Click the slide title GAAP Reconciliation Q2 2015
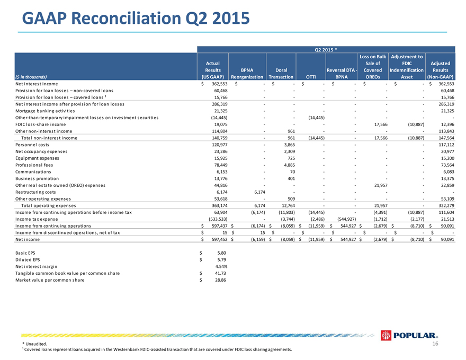tap(136, 18)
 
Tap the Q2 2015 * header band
tap(326, 50)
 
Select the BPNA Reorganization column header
tap(247, 74)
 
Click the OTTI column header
tap(311, 77)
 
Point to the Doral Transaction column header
tap(281, 74)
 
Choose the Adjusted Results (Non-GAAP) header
tap(440, 70)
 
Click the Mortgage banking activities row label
tap(45, 111)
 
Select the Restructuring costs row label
tap(35, 192)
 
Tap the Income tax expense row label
tap(37, 219)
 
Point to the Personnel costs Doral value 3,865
tap(290, 145)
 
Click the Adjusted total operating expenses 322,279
tap(446, 205)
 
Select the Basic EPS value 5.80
tap(221, 253)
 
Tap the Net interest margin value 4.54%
tap(221, 266)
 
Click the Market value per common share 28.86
tap(220, 280)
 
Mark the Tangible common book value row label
tap(67, 273)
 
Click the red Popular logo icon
tap(386, 336)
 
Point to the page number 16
tap(435, 344)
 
